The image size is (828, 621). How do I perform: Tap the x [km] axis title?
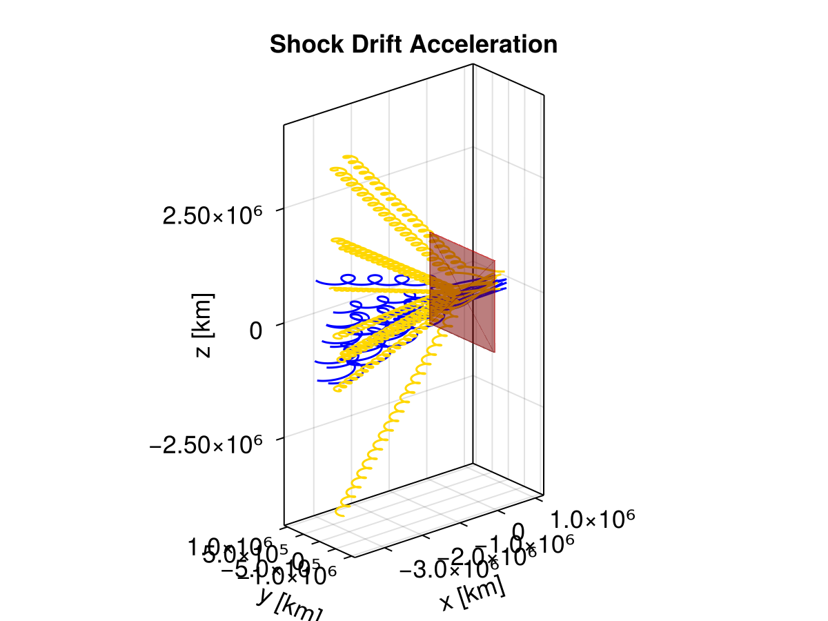pos(473,593)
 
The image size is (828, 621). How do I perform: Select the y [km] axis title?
pos(288,605)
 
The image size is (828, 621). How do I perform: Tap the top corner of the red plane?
pos(431,233)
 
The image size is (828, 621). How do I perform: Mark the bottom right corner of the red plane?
pos(495,352)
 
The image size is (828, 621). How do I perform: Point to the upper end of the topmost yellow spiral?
pos(345,158)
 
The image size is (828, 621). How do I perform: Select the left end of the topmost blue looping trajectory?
pos(317,282)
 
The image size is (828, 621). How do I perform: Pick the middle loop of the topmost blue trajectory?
pos(375,279)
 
